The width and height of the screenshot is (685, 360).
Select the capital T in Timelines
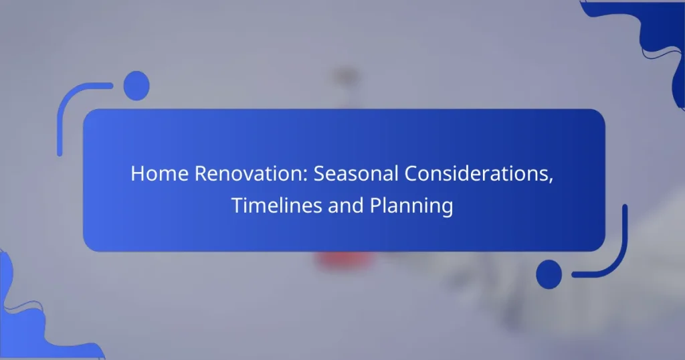click(236, 206)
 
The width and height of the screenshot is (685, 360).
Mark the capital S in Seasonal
click(319, 174)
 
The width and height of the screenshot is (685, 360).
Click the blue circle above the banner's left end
click(136, 85)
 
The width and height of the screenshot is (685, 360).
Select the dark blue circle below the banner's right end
click(549, 274)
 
